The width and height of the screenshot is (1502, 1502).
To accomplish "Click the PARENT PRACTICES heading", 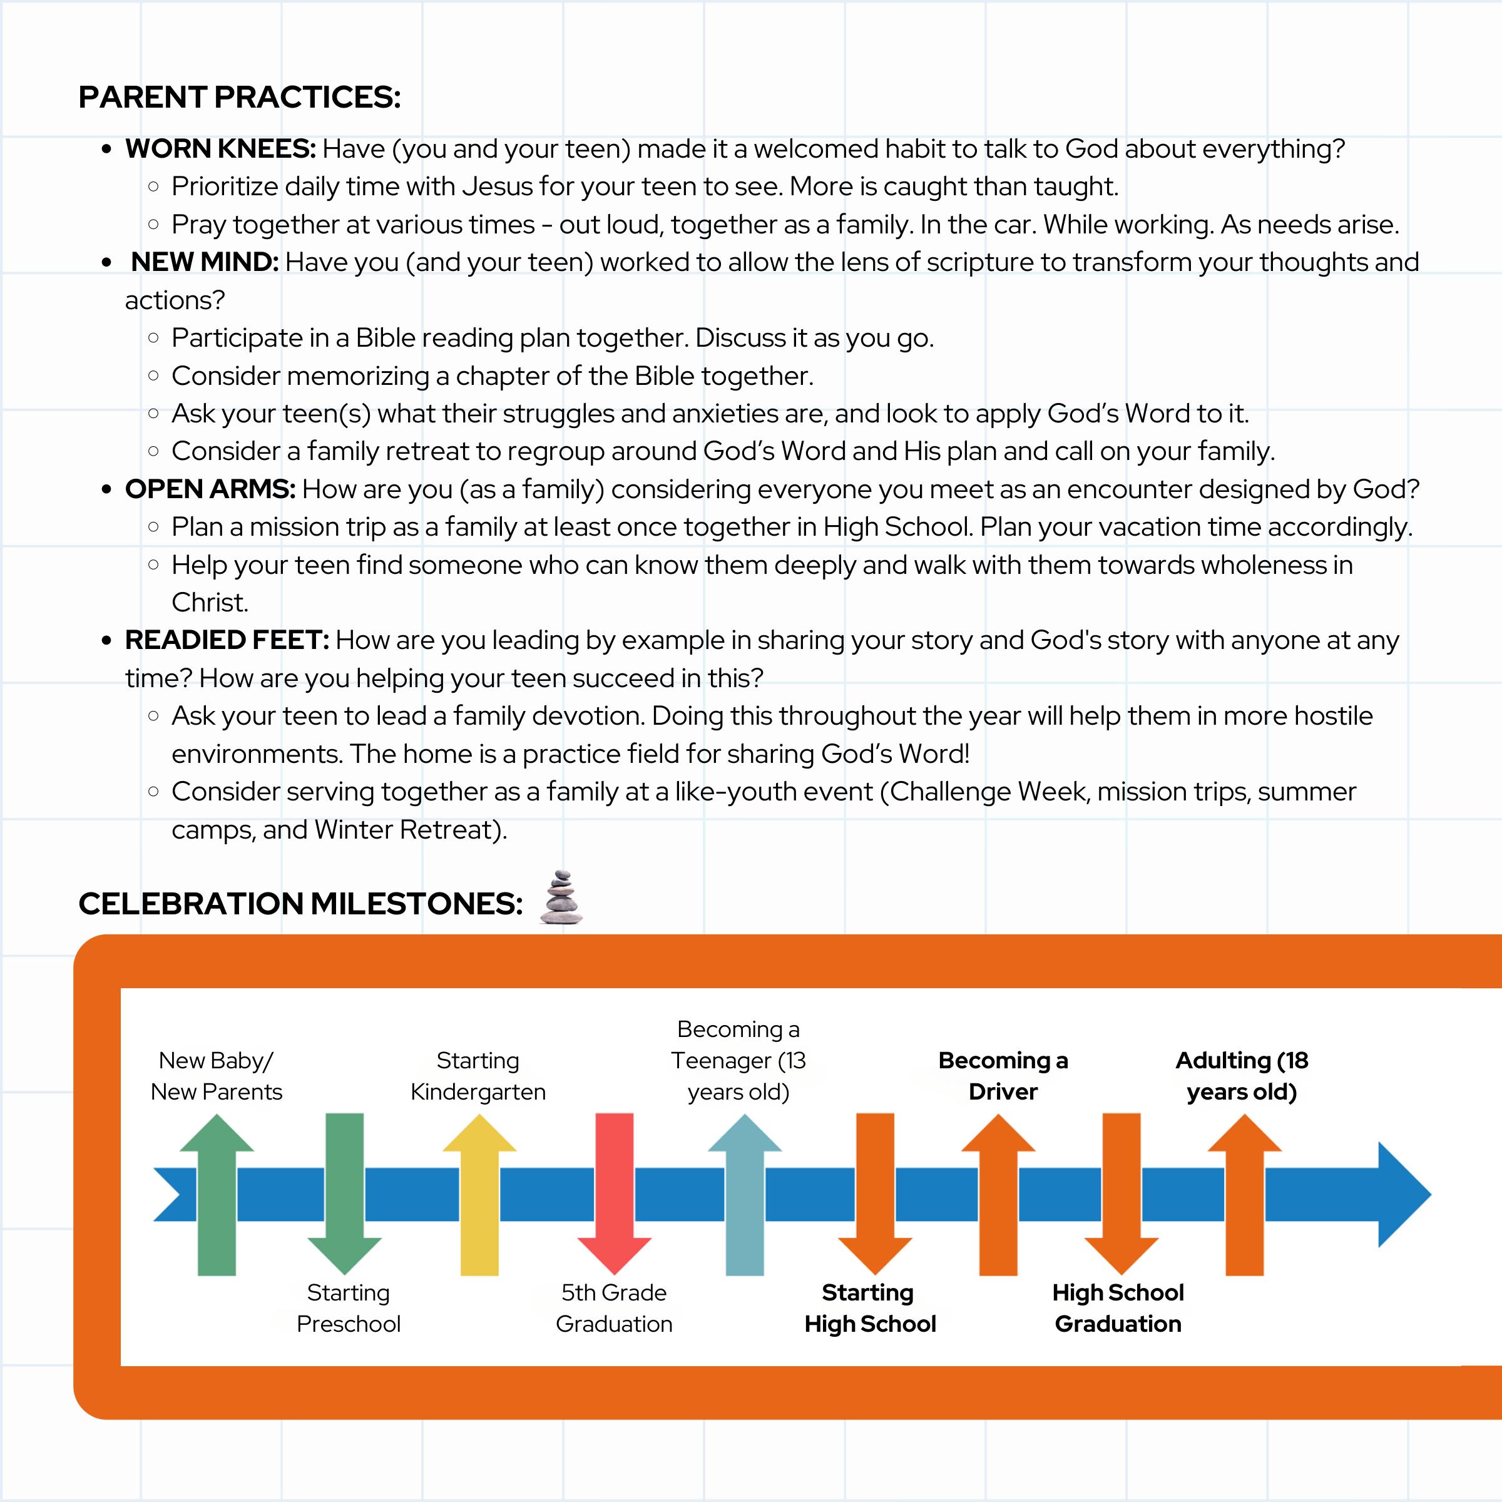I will point(240,97).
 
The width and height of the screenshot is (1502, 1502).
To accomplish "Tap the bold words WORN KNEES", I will point(220,148).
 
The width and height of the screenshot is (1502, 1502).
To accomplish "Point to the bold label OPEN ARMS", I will point(210,489).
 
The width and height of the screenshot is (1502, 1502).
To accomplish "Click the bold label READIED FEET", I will point(227,640).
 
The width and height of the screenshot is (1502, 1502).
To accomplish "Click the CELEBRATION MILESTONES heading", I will point(300,903).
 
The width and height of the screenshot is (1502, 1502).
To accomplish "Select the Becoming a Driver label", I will point(1003,1076).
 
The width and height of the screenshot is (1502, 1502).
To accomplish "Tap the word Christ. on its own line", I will point(210,603).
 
